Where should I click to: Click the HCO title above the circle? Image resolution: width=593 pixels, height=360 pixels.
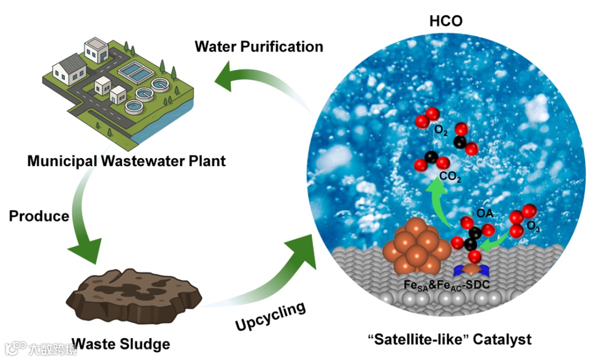point(445,21)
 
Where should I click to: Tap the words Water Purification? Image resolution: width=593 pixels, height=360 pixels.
point(259,46)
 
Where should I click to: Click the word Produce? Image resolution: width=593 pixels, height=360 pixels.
point(39,216)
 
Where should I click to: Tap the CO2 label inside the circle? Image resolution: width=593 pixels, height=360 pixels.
point(450,177)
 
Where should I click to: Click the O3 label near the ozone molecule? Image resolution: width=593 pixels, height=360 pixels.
point(533,226)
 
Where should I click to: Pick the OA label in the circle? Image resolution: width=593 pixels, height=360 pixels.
point(484,212)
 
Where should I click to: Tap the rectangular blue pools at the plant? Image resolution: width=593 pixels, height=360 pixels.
point(134,70)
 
